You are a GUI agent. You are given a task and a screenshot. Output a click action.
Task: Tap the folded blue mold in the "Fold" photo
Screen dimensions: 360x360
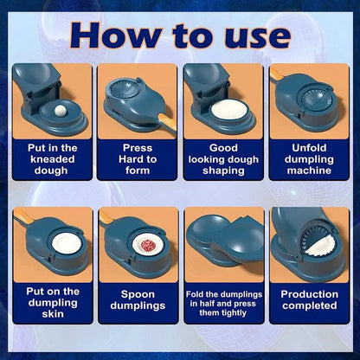point(223,247)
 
